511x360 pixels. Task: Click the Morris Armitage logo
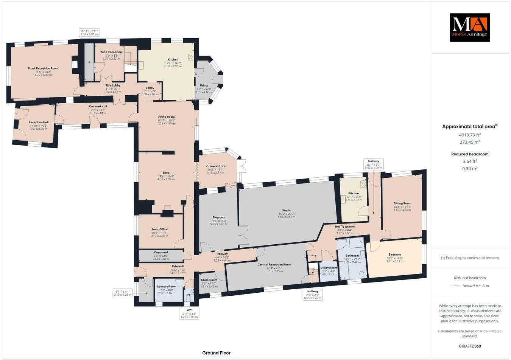[x=469, y=27]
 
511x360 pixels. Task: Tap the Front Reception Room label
[x=43, y=68]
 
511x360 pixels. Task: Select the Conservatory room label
[x=215, y=166]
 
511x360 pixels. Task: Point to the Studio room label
[x=287, y=210]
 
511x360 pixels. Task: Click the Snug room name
[x=166, y=172]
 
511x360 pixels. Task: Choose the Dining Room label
[x=166, y=117]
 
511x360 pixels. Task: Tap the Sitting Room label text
[x=402, y=203]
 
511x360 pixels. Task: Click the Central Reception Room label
[x=274, y=264]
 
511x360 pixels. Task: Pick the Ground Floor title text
[x=216, y=353]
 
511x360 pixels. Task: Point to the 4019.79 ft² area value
[x=469, y=135]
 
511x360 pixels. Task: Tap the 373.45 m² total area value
[x=469, y=142]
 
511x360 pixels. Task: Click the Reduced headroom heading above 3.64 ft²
[x=469, y=154]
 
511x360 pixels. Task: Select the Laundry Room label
[x=167, y=287]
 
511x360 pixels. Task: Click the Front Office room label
[x=159, y=229]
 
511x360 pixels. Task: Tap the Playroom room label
[x=219, y=217]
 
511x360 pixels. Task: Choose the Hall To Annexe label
[x=344, y=227]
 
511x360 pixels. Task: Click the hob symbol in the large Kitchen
[x=191, y=57]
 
